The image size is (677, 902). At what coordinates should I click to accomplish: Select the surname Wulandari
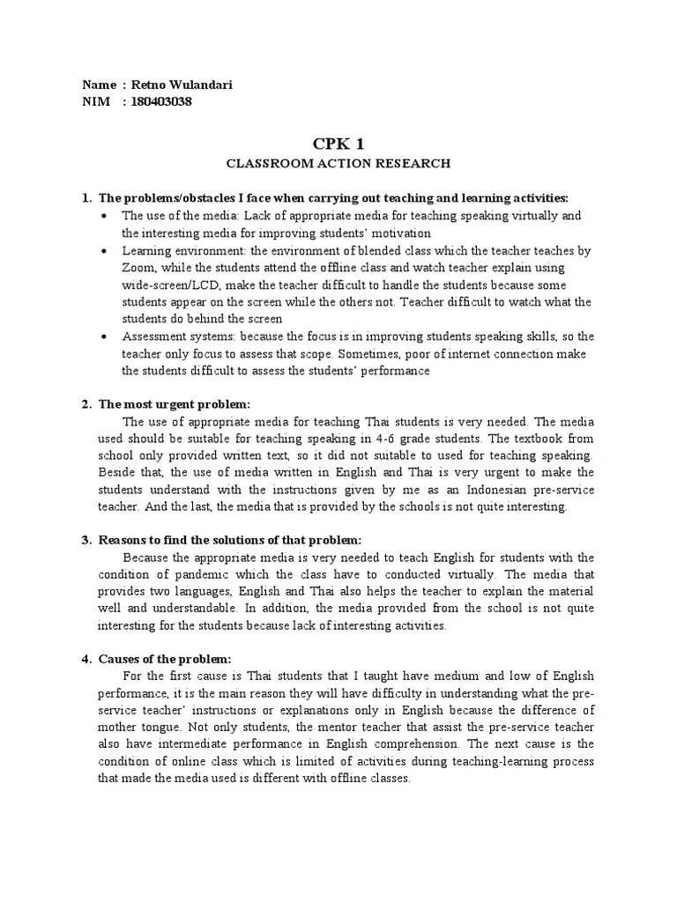pos(203,85)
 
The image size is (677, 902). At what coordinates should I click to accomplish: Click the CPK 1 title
pos(338,144)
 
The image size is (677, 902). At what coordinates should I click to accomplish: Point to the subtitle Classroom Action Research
pos(338,163)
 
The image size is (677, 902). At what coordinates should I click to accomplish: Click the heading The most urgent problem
pos(175,404)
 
